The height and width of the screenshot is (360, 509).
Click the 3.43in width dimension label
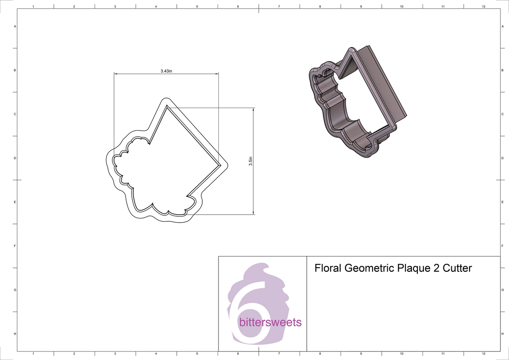[166, 71]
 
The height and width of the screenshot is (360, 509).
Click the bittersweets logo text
[270, 323]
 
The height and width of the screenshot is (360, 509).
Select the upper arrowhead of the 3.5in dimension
[253, 109]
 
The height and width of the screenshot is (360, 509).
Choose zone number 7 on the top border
[279, 6]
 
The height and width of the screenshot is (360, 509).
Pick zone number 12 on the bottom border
[484, 353]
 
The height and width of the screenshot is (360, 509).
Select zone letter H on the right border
[502, 334]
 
